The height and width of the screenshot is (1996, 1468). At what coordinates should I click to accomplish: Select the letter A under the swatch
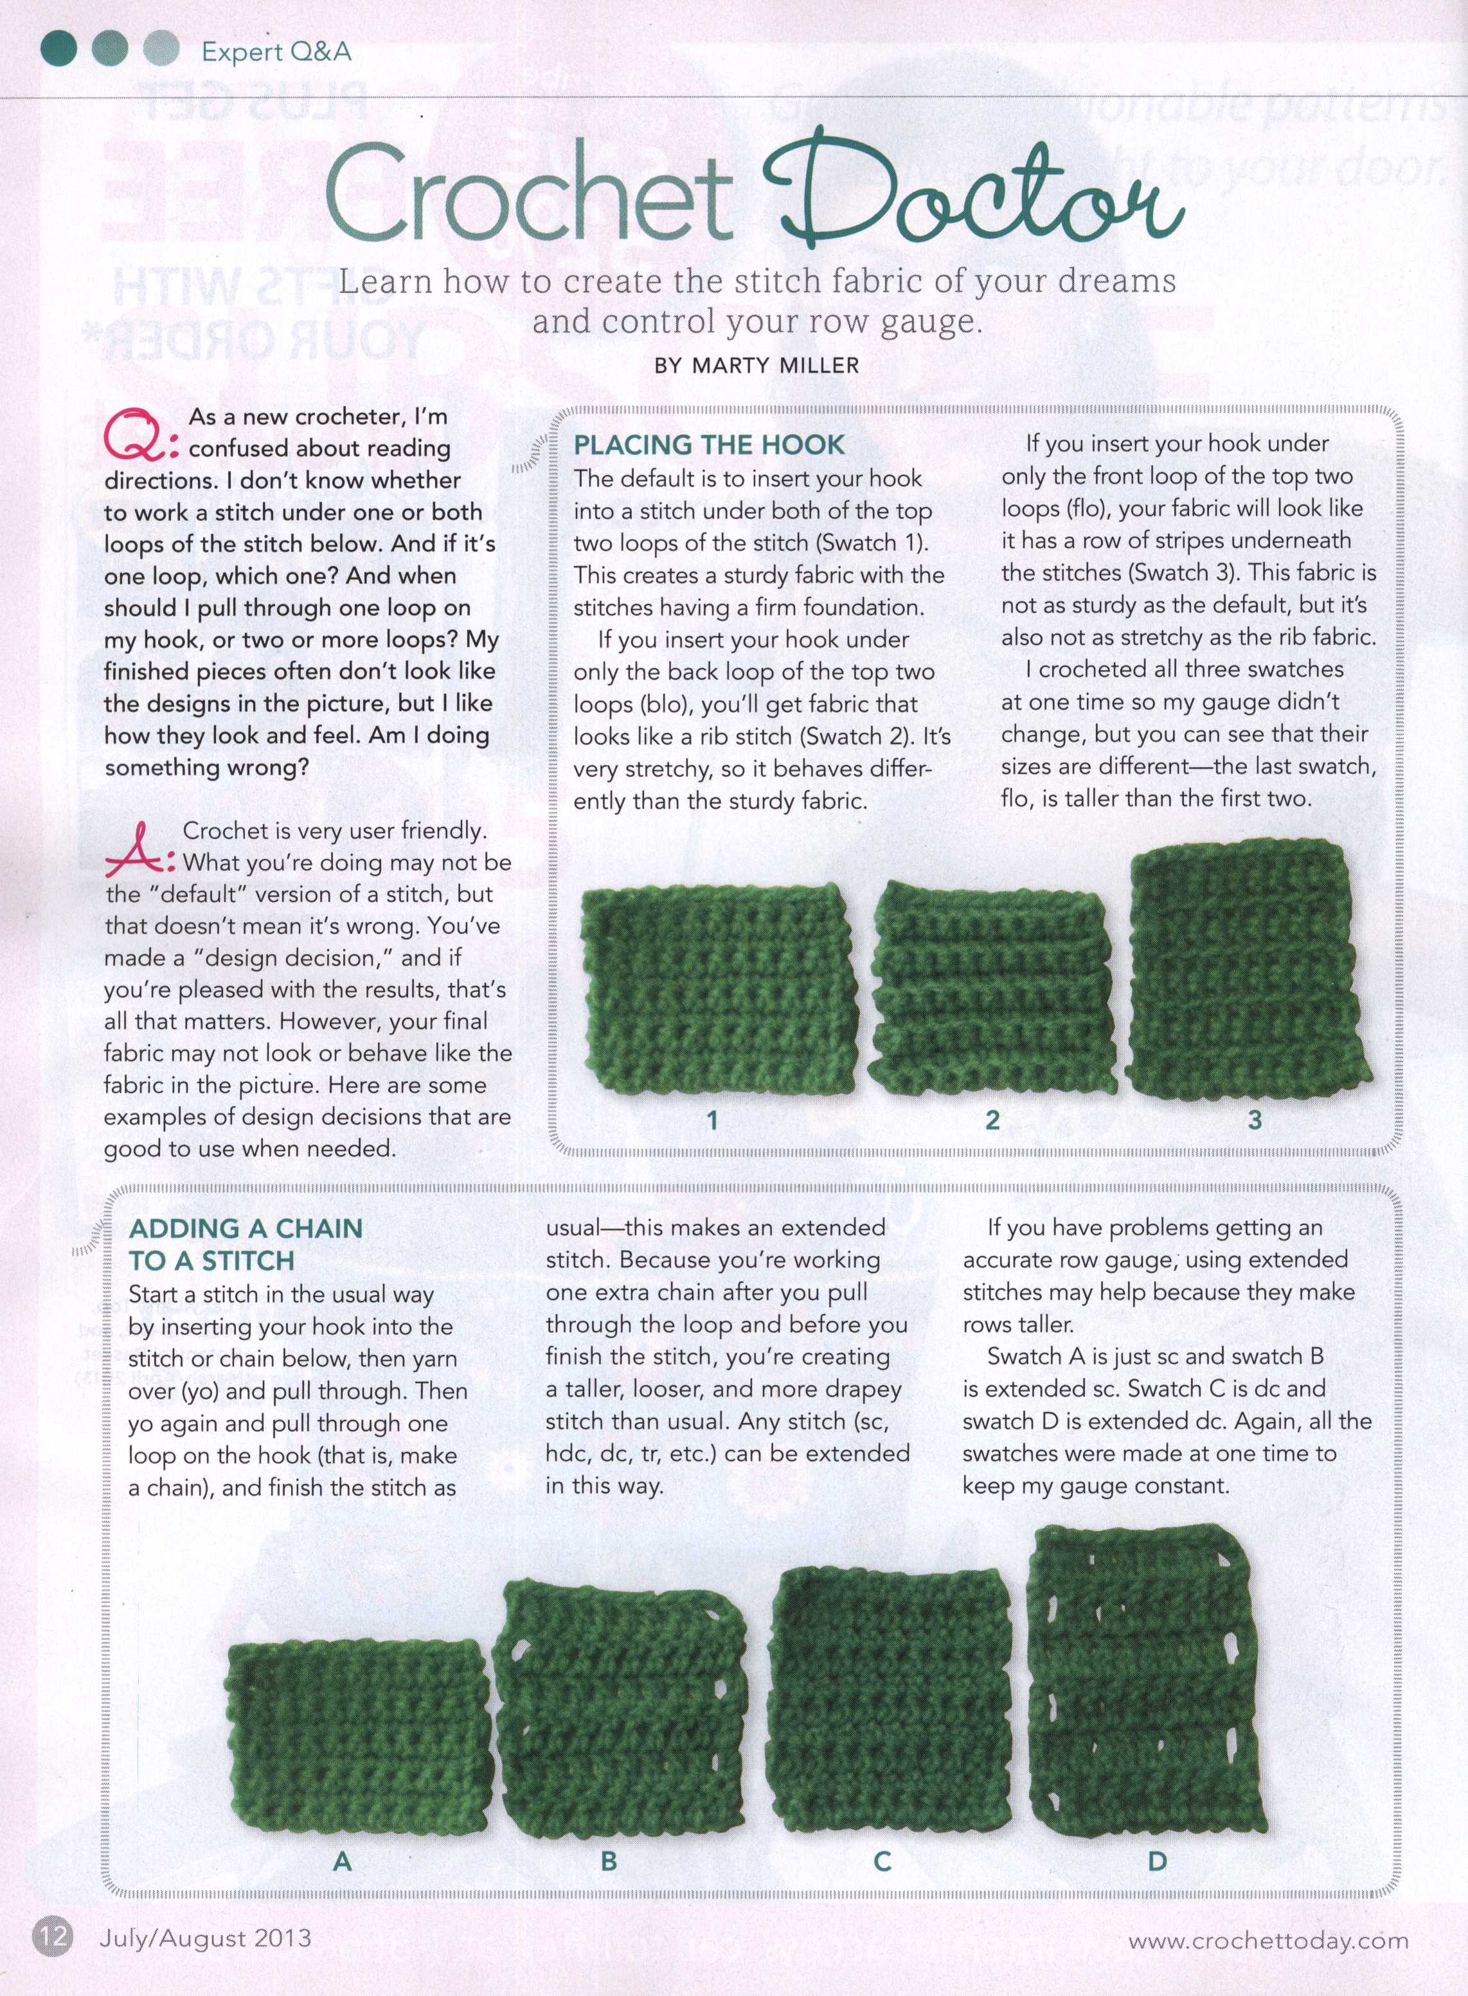[343, 1861]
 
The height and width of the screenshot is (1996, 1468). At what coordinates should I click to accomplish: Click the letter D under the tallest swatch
[1157, 1861]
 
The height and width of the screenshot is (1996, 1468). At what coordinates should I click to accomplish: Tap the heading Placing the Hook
[708, 444]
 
